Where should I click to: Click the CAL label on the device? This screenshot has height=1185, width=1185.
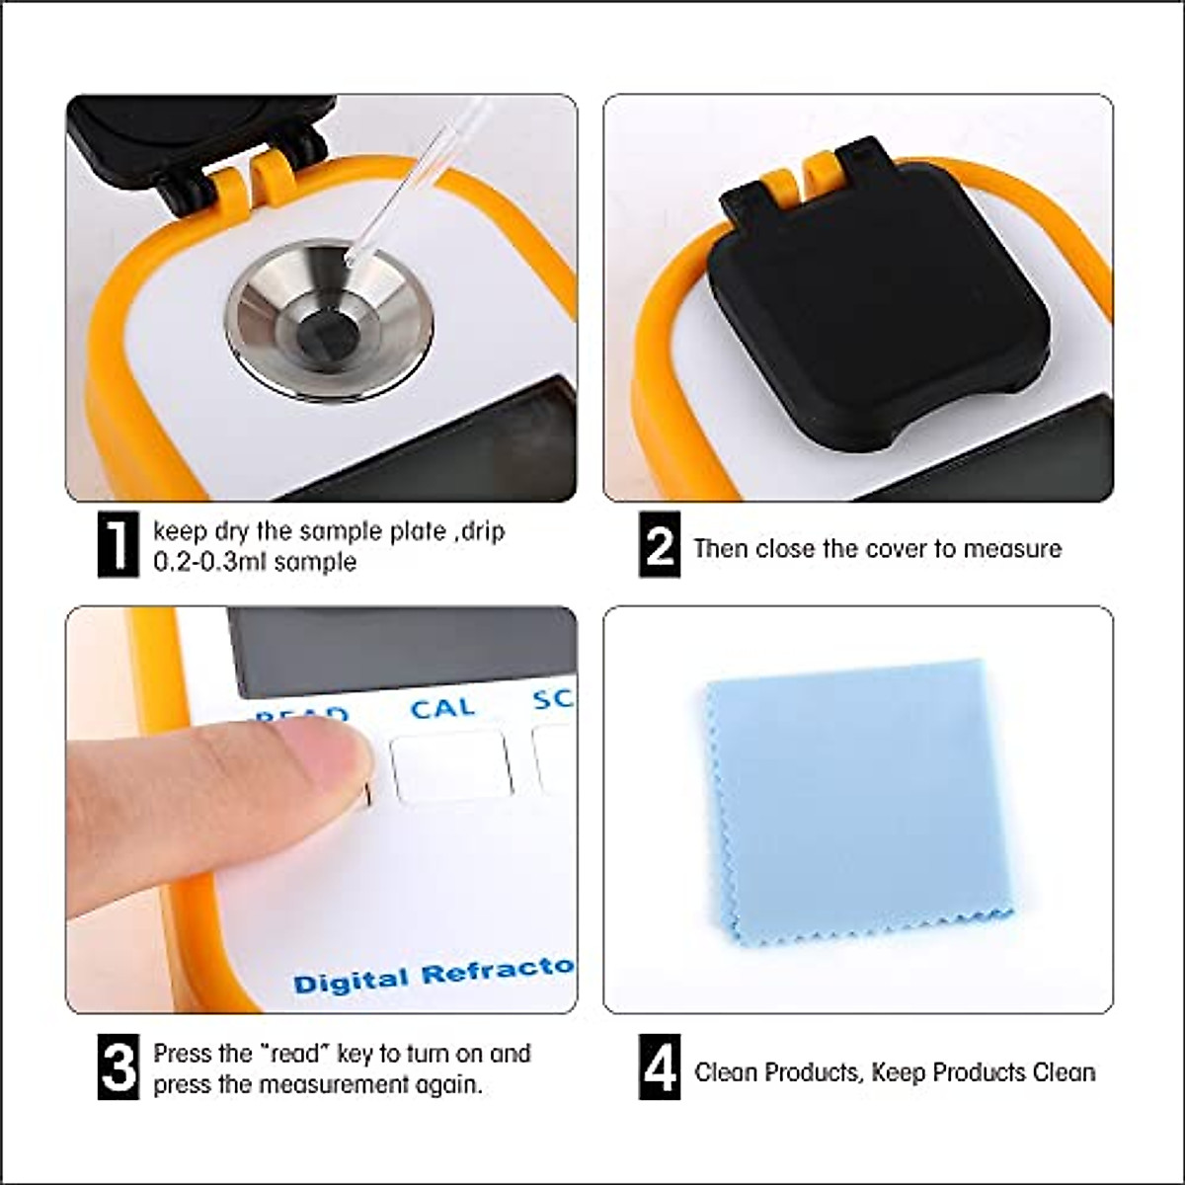coord(442,708)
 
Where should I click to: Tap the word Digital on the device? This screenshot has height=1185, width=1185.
coord(350,981)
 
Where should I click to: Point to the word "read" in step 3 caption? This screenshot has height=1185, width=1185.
coord(294,1053)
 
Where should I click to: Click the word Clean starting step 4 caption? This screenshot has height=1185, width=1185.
coord(727,1071)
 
